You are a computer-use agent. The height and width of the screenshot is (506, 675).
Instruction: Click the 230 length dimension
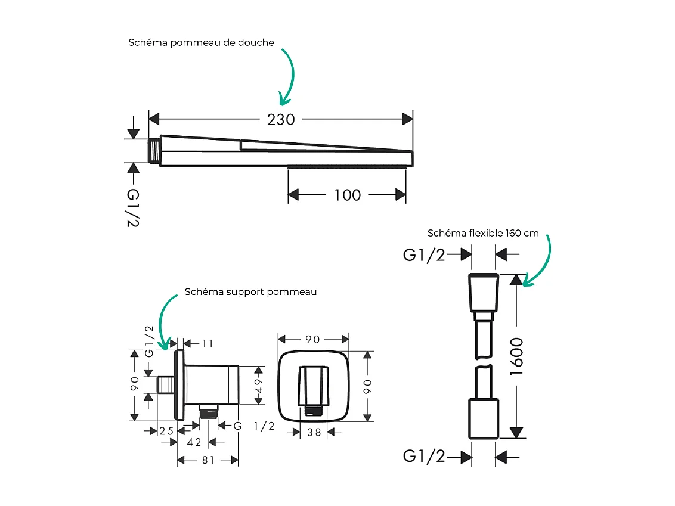click(281, 120)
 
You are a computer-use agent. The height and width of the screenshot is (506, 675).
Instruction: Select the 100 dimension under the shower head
click(348, 195)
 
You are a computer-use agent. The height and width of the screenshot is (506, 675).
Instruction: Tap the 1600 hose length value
click(516, 356)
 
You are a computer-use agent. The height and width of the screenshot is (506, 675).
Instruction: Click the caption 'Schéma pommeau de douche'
click(201, 42)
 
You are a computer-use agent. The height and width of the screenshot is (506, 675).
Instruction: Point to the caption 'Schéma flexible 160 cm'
click(483, 233)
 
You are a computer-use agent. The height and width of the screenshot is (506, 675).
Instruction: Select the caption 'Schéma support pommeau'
click(250, 291)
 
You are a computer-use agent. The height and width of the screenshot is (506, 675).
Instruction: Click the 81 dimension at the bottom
click(208, 460)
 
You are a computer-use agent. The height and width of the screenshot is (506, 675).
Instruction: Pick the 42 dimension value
click(194, 442)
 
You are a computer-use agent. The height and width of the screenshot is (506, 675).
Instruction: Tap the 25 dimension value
click(166, 431)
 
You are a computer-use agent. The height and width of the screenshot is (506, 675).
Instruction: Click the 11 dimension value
click(208, 344)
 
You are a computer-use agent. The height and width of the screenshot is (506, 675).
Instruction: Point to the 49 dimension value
click(259, 386)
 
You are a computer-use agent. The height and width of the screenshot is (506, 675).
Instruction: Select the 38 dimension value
click(314, 433)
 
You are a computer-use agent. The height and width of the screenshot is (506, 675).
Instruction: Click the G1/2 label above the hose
click(423, 255)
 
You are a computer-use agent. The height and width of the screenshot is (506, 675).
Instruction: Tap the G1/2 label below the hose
click(423, 456)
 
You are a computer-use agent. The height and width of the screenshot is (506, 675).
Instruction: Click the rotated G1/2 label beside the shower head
click(133, 208)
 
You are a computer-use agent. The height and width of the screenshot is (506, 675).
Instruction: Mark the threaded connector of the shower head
click(154, 151)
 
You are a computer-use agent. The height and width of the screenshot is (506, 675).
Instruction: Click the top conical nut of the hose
click(484, 293)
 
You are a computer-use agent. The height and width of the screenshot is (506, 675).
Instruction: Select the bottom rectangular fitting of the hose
click(484, 418)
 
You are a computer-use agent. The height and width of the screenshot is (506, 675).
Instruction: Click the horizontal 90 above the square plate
click(312, 340)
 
